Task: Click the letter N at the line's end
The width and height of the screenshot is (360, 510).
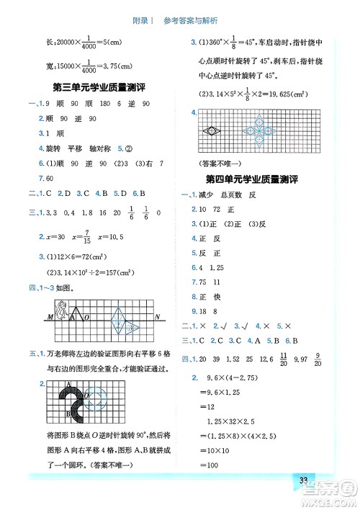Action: [x=158, y=318]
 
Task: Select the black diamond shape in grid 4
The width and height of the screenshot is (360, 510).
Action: [x=214, y=133]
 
